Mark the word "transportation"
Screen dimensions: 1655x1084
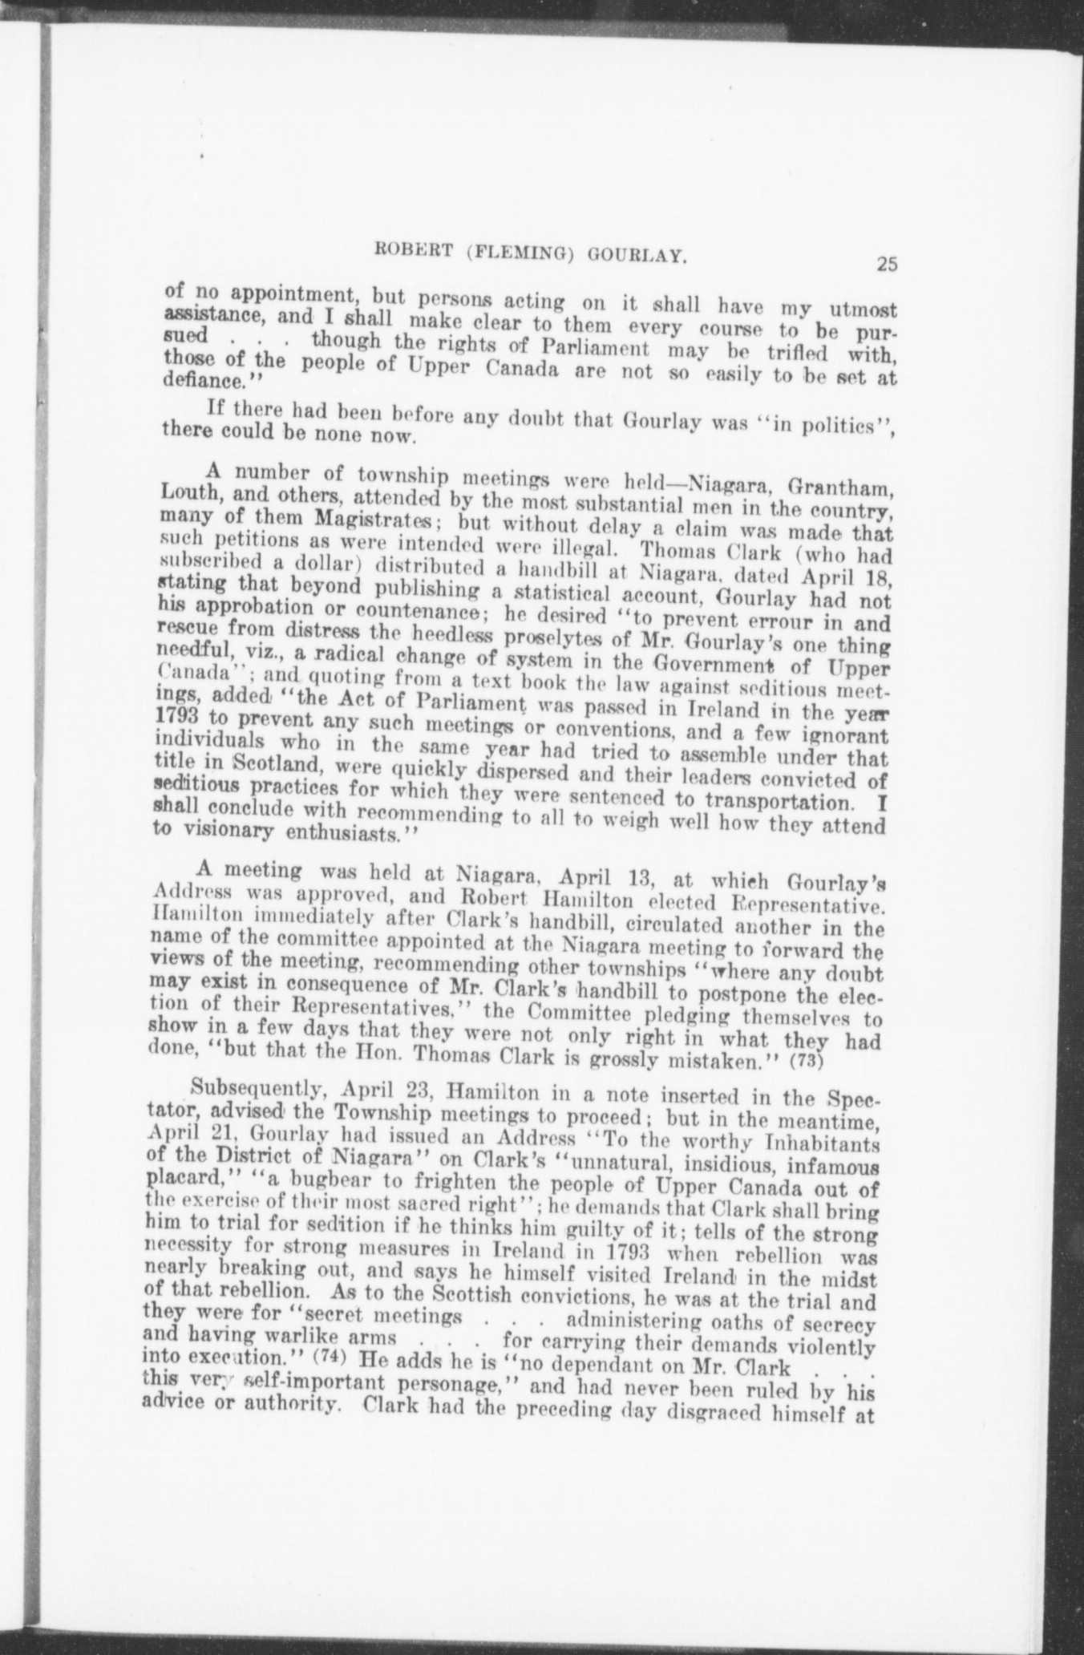[787, 802]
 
